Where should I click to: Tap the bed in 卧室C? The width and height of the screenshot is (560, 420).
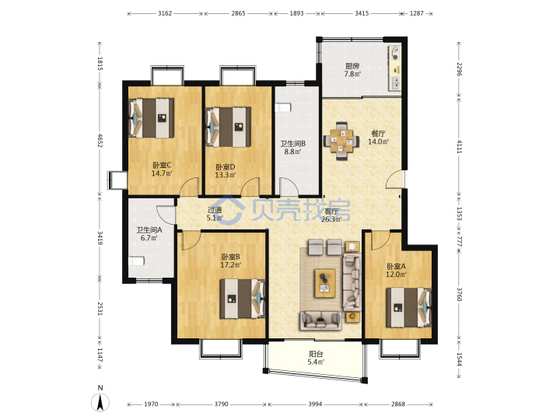[152, 118]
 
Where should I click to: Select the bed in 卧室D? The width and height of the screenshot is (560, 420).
[229, 127]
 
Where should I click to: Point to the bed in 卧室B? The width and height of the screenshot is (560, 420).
[243, 299]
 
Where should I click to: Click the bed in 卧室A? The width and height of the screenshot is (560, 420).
[409, 307]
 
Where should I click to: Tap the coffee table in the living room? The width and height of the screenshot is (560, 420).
[324, 283]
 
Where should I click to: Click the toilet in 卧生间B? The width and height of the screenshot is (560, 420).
[283, 107]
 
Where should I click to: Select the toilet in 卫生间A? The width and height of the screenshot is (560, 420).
[136, 261]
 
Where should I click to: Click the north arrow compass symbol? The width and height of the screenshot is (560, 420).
[100, 403]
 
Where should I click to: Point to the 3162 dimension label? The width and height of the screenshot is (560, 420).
[165, 13]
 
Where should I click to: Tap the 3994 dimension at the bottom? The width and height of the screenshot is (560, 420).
[315, 404]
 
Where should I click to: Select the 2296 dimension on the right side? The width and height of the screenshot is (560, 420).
[460, 69]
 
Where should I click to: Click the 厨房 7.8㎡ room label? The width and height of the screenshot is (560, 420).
[352, 70]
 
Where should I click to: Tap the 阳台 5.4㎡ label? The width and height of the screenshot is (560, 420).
[316, 358]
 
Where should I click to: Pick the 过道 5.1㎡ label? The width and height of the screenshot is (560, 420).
[215, 214]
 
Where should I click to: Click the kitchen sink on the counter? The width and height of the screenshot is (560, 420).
[396, 83]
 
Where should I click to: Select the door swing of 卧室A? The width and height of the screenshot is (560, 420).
[381, 240]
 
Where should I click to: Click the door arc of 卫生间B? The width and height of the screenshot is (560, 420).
[289, 187]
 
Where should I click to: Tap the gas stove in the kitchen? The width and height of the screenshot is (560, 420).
[395, 53]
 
